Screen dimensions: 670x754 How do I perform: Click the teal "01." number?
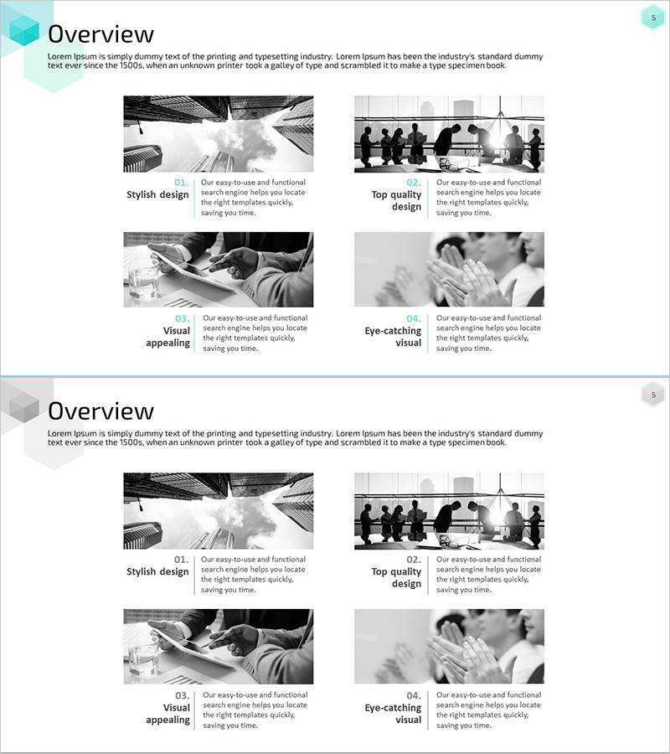(x=182, y=183)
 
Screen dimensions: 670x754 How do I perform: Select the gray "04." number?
(x=414, y=696)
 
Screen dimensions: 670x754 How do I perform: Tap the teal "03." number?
(x=183, y=319)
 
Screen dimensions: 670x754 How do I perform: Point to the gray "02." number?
(x=414, y=560)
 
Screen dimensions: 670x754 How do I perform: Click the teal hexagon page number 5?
(x=653, y=18)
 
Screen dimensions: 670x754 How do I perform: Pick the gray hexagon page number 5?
(x=653, y=395)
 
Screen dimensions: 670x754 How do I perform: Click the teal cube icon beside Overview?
(x=24, y=30)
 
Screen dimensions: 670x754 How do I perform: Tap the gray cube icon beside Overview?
(x=24, y=407)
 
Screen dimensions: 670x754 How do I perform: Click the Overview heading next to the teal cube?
(x=101, y=34)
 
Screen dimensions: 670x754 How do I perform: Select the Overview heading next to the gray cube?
(x=101, y=411)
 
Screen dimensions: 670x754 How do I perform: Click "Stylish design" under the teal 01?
(x=157, y=194)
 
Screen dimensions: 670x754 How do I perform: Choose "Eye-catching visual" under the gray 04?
(x=393, y=714)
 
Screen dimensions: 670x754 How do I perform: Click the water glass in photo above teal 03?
(x=142, y=278)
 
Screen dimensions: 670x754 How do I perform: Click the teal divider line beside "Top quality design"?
(x=427, y=199)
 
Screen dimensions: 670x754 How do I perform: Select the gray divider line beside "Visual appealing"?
(x=194, y=710)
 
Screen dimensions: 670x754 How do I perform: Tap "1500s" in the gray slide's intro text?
(x=131, y=442)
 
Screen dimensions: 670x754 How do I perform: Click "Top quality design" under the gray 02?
(x=396, y=577)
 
